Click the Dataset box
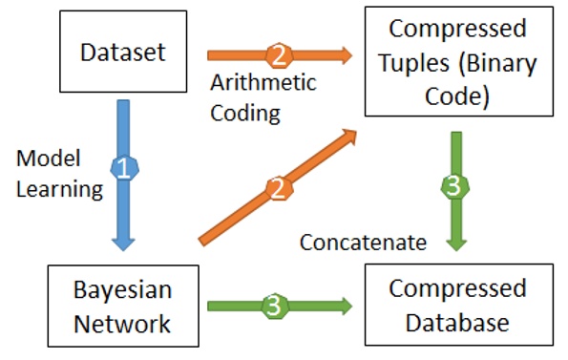(x=121, y=50)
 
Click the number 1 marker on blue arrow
(x=122, y=169)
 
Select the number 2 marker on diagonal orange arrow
(x=278, y=188)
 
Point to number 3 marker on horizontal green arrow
(x=273, y=307)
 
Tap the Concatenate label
(x=363, y=243)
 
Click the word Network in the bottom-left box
(x=122, y=323)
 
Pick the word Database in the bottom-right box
(x=456, y=323)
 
